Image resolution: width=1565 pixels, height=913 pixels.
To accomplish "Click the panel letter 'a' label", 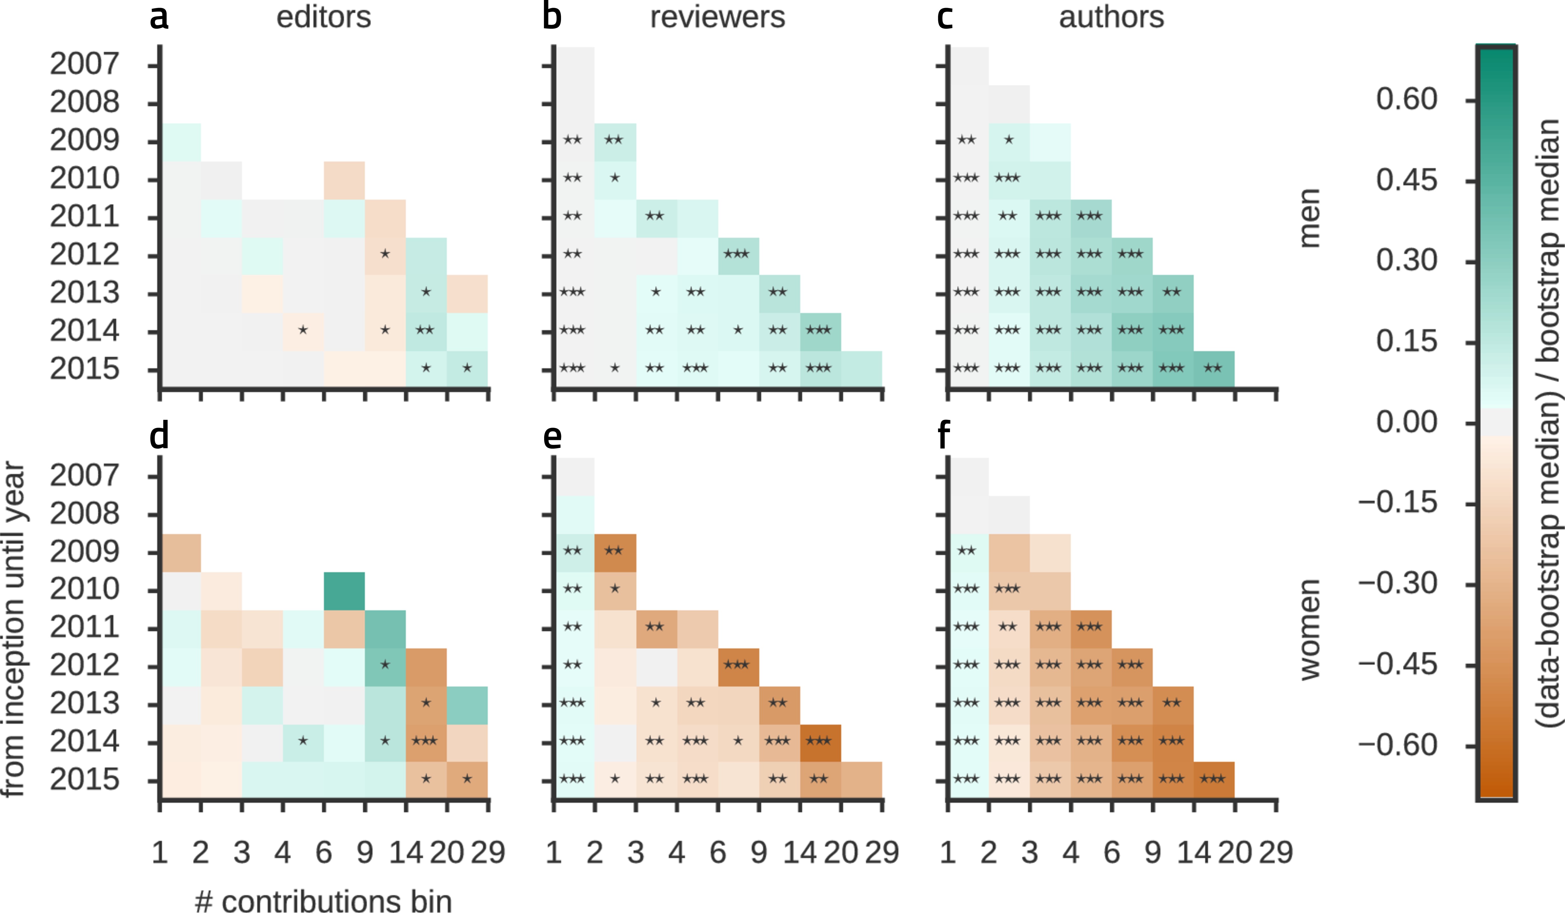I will tap(159, 17).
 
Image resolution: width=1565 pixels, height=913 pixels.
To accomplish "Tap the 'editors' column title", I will tap(324, 17).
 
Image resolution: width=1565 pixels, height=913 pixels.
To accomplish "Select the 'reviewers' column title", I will tap(717, 17).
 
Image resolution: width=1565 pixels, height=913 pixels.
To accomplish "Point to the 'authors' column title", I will tap(1111, 17).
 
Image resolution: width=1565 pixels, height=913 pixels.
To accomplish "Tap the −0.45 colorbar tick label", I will tap(1397, 665).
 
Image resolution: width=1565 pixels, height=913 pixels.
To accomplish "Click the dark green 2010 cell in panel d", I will tap(344, 591).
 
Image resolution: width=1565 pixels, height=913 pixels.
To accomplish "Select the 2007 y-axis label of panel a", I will tap(85, 64).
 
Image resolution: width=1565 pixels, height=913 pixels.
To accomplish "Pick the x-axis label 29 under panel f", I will tap(1275, 852).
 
